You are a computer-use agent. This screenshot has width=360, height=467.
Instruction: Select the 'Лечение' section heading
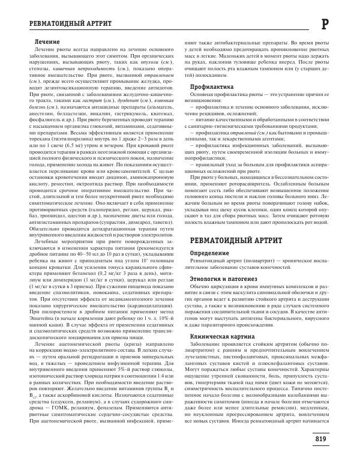point(47,41)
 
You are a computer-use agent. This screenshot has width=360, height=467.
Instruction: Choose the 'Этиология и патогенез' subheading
point(223,279)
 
